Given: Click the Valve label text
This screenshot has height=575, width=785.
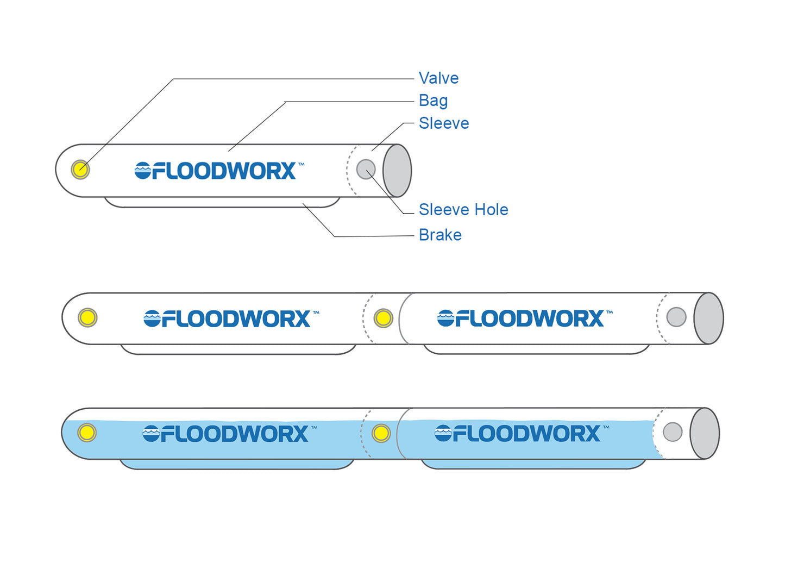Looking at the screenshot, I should coord(438,78).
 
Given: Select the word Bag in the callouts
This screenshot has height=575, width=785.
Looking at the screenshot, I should coord(433,101).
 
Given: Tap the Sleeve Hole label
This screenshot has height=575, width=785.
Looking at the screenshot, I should coord(463,210).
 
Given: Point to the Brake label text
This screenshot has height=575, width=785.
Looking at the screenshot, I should coord(440,235).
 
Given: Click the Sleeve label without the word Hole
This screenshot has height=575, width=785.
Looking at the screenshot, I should coord(444,123).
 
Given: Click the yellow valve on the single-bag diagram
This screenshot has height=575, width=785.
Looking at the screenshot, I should coord(80,170).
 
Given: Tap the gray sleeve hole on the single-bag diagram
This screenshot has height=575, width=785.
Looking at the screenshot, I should coord(366,169).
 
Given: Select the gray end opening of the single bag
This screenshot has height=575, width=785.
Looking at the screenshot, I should coord(397,171).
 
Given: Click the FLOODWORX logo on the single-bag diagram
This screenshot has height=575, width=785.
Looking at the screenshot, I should coord(216,171).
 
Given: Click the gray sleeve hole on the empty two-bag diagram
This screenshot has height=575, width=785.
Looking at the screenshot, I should coord(676,317).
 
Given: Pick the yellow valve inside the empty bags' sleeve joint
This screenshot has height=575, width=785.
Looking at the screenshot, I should coord(384,318).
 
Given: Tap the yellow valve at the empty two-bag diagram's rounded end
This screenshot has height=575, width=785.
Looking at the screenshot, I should coord(87,317).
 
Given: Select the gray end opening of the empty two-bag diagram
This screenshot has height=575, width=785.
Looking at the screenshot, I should coord(708,318).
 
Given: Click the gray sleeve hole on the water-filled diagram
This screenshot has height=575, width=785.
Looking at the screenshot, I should coord(673,432).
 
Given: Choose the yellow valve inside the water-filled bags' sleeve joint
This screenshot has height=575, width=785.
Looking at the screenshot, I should coord(381,433).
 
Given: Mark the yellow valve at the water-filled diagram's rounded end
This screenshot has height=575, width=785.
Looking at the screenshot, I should coord(87,433).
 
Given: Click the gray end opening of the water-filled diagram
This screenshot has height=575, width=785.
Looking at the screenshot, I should coord(705,434).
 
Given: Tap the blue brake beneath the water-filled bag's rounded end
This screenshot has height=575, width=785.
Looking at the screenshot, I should coord(236,464).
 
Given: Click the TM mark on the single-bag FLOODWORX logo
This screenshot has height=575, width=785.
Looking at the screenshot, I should coord(302,164).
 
